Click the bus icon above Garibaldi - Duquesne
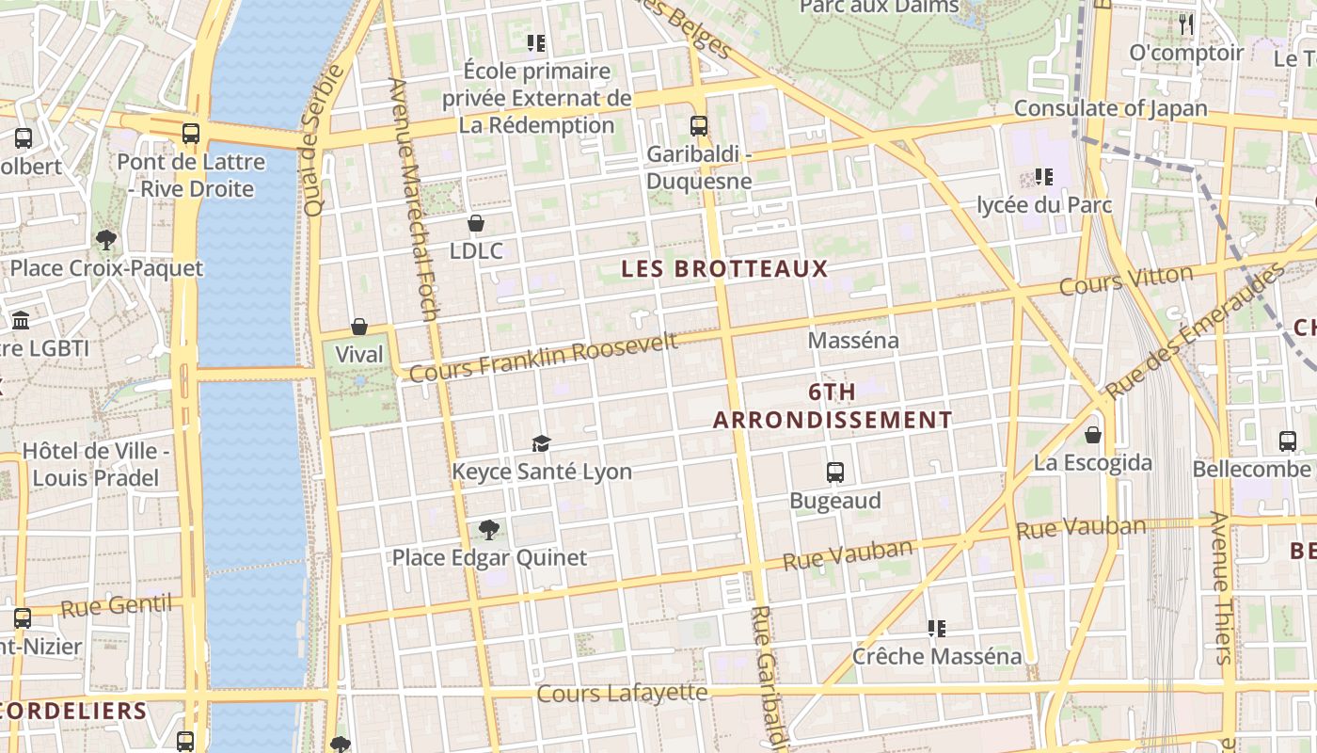coord(698,125)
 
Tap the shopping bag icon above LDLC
coord(476,223)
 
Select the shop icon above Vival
coord(358,327)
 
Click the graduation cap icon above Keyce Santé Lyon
coord(541,443)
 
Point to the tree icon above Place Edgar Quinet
coord(488,529)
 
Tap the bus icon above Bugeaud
coord(834,473)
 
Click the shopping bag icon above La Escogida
coord(1092,435)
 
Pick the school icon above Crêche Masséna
coord(936,628)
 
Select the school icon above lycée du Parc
coord(1043,176)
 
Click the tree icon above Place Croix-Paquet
coord(106,240)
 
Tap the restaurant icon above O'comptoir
coord(1186,24)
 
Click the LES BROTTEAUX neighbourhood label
coord(724,268)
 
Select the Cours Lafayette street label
coord(622,694)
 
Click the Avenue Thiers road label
coord(1220,588)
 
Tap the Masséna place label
coord(853,340)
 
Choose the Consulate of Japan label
coord(1110,108)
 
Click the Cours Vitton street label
coord(1125,280)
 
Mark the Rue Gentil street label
coord(117,605)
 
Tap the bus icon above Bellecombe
coord(1288,441)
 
